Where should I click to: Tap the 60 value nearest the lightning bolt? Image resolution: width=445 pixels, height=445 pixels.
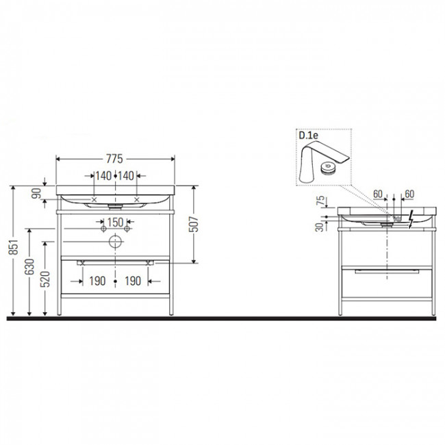[x=410, y=194]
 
